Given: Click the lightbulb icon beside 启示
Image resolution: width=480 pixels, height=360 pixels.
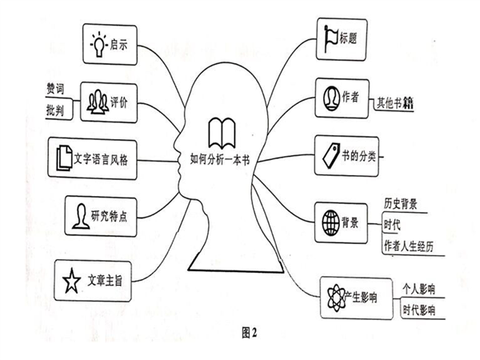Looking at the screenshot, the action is coord(99,45).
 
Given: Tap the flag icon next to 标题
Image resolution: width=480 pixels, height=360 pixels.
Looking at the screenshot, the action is coord(330,38).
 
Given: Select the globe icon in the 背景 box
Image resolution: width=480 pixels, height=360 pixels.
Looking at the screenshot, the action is coord(331,222).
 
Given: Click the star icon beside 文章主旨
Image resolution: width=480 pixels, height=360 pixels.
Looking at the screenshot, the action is coord(72,281).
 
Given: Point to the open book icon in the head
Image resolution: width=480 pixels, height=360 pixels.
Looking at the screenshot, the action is coord(222,133).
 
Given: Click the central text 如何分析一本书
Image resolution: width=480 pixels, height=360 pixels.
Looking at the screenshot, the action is coord(220,159).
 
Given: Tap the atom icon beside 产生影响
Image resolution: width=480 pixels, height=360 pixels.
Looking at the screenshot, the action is coord(336,298).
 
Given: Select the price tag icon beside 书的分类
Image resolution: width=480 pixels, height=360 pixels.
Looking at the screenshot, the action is coord(331,156).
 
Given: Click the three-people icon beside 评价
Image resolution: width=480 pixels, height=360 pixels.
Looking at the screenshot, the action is coord(98,102).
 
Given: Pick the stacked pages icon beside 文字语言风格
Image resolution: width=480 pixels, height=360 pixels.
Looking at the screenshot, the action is coord(64,158).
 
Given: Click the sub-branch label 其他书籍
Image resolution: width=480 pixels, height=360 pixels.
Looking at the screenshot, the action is coord(395,103).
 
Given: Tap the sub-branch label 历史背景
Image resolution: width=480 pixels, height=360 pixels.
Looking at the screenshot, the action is coord(401,204).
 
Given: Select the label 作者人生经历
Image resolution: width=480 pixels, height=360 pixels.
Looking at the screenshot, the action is coord(409,246).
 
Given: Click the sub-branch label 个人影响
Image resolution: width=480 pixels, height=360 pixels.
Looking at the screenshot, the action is coord(418,289).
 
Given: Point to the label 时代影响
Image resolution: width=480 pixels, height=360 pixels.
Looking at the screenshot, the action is coord(418,310).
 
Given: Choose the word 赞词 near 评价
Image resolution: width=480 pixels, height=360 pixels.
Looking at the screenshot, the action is coord(55,89).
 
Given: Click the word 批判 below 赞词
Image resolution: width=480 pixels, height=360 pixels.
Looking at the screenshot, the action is coord(55,110).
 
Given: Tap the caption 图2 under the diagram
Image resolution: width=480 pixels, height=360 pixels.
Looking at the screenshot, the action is coord(249,333).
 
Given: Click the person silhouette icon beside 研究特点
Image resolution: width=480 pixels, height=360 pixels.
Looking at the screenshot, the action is coord(81,216).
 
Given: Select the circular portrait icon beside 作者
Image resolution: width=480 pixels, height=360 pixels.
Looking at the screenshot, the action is coord(331,98).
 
